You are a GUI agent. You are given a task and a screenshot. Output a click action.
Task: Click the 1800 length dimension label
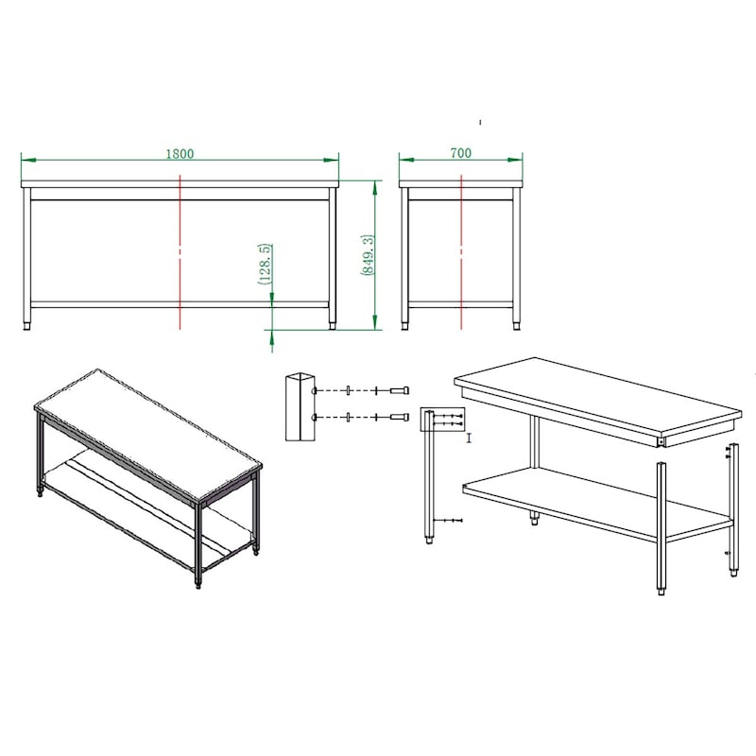[x=180, y=154]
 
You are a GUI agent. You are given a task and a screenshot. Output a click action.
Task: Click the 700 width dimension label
[x=460, y=153]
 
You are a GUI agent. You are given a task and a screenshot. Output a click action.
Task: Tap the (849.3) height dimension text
[x=368, y=255]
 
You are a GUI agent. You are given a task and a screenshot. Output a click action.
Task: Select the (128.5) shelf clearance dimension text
[x=265, y=264]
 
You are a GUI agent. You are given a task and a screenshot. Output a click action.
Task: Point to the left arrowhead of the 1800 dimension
[x=29, y=160]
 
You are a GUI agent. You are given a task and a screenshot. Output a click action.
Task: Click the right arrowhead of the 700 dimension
[x=515, y=160]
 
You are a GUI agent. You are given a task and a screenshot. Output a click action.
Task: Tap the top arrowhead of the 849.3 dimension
[x=374, y=188]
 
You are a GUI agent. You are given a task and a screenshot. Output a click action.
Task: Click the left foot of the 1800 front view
[x=26, y=326]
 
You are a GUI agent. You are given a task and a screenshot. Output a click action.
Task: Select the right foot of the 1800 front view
[x=333, y=326]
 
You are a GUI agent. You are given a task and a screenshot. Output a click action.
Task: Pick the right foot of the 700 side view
[x=517, y=326]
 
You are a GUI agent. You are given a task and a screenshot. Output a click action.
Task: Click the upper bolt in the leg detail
[x=399, y=390]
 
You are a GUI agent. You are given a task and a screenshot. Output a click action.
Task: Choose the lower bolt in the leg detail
[x=399, y=417]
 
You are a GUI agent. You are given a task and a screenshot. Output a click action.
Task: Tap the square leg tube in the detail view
[x=300, y=406]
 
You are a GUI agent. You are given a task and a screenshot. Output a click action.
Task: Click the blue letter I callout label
[x=469, y=438]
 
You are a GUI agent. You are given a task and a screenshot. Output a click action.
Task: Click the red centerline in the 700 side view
[x=461, y=252]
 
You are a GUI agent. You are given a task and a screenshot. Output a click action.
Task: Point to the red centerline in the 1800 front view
[x=180, y=252]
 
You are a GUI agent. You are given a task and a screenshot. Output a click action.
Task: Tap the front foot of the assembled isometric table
[x=198, y=585]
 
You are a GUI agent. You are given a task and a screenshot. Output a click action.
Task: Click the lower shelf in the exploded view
[x=598, y=506]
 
